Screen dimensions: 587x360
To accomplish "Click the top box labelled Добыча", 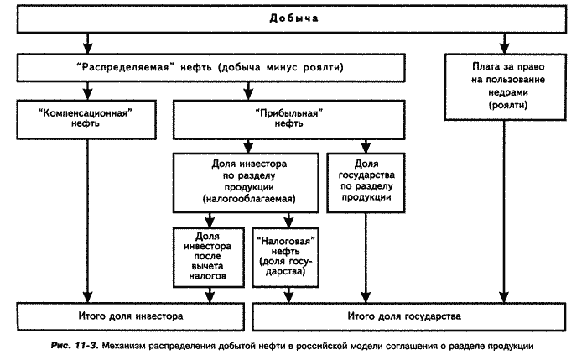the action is [x=292, y=18].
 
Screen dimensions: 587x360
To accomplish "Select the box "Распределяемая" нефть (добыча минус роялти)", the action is [x=210, y=68].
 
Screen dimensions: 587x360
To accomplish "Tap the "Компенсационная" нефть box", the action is [x=86, y=120].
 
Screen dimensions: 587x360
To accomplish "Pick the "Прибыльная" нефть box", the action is [x=288, y=120].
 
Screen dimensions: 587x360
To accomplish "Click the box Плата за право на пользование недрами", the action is [x=506, y=87].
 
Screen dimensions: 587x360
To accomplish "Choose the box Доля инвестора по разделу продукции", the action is [x=246, y=183].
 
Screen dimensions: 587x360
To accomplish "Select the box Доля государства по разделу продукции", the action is [x=366, y=183].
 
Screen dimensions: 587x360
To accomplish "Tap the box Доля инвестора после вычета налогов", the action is [x=209, y=258].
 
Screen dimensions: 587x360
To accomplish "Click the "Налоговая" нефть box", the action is [x=285, y=258].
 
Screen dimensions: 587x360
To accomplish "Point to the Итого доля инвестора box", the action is [x=131, y=317].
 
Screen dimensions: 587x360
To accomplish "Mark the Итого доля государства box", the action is [x=409, y=317].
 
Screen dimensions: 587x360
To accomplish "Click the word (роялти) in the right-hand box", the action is [x=508, y=105].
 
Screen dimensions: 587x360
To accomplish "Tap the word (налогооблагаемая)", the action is [x=249, y=199].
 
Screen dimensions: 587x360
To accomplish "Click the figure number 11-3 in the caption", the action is [x=86, y=346].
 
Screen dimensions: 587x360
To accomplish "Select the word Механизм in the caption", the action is [x=123, y=346].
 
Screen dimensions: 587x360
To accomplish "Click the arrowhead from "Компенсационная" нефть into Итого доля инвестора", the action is [x=87, y=297].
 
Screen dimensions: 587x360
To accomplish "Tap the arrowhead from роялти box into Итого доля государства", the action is [x=504, y=297].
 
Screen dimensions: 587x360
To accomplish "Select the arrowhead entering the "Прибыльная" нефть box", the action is [x=248, y=95].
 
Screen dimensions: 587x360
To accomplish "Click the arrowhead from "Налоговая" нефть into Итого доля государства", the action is [x=288, y=297].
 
